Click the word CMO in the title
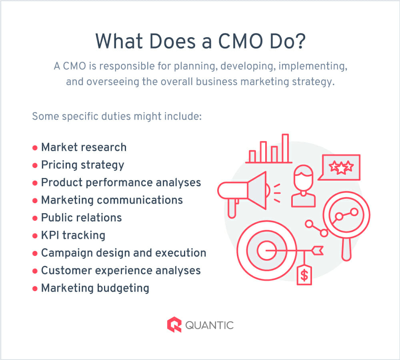point(240,41)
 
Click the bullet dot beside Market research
point(35,148)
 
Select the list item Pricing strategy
point(83,165)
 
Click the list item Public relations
point(81,218)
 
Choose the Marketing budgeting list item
point(95,288)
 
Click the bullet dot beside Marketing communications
point(35,200)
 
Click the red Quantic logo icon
point(174,324)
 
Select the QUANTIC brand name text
point(209,325)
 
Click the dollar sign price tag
point(304,275)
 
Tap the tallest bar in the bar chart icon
point(286,148)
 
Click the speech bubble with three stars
point(340,167)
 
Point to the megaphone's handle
point(232,208)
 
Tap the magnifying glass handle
point(346,249)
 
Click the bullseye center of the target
point(266,250)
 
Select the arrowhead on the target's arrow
point(318,250)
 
